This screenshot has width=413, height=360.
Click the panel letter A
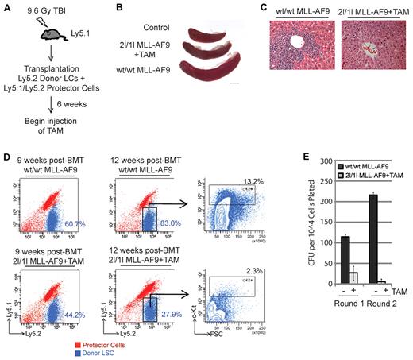tap(8, 7)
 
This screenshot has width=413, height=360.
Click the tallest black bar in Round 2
tap(370, 238)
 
